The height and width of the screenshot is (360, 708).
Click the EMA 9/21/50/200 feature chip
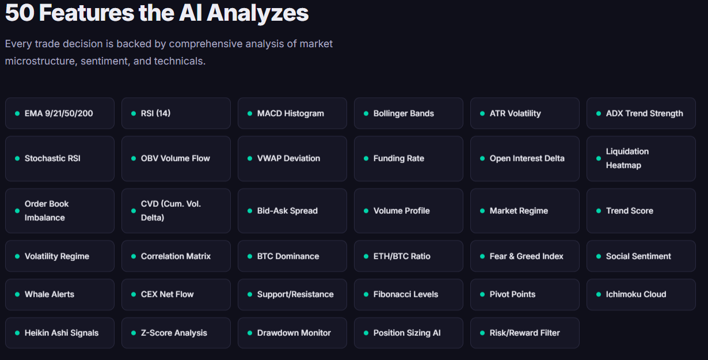tap(59, 113)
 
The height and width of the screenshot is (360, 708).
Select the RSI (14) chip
tap(176, 113)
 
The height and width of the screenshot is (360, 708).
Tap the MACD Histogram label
tap(291, 113)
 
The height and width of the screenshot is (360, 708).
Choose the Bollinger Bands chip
tap(408, 113)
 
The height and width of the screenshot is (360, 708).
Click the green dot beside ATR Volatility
tap(482, 113)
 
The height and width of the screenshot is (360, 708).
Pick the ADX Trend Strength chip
tap(641, 113)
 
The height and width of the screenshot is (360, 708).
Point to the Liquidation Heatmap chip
tap(641, 158)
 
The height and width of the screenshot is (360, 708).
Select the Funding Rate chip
tap(408, 158)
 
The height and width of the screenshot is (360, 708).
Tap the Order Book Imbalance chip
tap(59, 211)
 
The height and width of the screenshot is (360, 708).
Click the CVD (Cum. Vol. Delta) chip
tap(176, 211)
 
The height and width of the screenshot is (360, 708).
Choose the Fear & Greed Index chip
tap(524, 256)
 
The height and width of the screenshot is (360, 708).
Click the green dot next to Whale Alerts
tap(17, 294)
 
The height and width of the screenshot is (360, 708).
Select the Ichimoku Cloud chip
tap(641, 294)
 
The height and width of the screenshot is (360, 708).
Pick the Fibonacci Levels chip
tap(408, 294)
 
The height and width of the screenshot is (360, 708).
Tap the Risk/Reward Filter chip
tap(524, 333)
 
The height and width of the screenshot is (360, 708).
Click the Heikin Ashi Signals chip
tap(59, 333)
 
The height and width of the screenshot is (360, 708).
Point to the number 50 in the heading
tap(20, 13)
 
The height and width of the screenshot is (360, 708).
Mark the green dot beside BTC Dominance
tap(250, 256)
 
